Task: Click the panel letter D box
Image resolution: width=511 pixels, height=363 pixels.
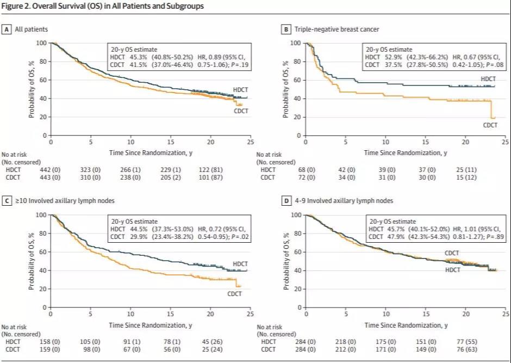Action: [286, 201]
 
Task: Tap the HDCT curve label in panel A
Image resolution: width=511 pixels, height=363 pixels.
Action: [241, 89]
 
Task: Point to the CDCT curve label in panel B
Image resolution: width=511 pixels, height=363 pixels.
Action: [490, 125]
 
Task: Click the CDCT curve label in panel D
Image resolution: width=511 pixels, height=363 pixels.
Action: [452, 253]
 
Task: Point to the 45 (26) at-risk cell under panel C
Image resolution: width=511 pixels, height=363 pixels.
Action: [214, 342]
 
